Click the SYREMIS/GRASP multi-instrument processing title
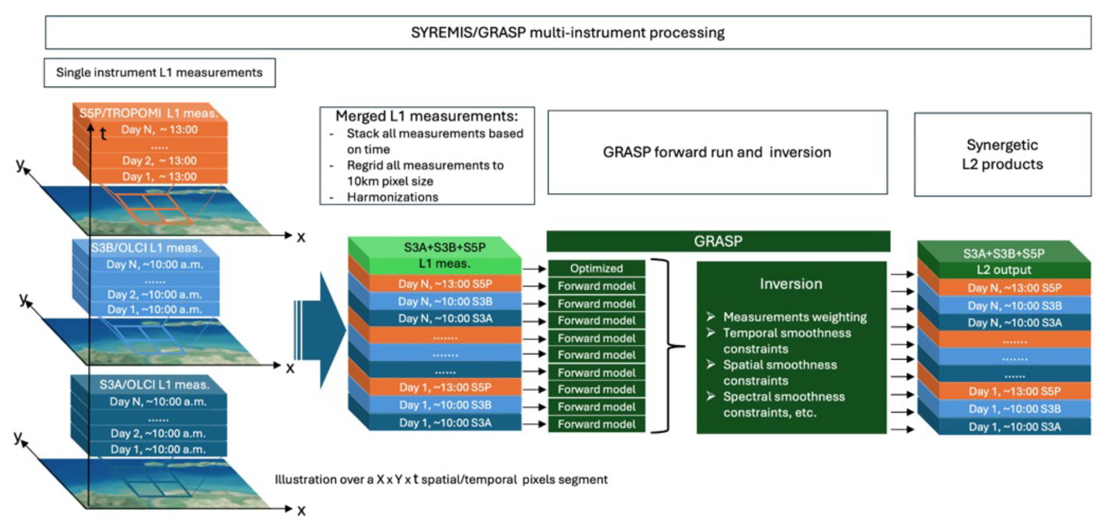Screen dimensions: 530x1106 point(567,33)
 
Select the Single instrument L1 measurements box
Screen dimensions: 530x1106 point(159,73)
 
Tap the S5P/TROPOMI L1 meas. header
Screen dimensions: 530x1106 point(148,113)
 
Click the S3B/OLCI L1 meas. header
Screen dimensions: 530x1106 point(146,248)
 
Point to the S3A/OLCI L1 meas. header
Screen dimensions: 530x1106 point(154,385)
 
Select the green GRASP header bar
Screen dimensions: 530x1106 point(718,242)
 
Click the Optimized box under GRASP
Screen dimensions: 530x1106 point(596,269)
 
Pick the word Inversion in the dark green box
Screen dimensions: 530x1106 point(790,284)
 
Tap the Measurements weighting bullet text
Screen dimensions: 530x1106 point(794,317)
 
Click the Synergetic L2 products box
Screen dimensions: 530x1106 point(1002,154)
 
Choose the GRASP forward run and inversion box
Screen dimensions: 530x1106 point(717,153)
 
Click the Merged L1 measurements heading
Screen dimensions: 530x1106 point(427,116)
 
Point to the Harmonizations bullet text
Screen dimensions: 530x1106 point(392,197)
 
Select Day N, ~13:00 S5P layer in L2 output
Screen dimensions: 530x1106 point(1014,288)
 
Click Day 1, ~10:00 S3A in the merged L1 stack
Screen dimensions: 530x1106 point(445,423)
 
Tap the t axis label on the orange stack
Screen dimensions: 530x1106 point(103,135)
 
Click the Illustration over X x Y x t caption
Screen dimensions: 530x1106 point(441,480)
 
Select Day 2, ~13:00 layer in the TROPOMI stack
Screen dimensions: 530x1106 point(159,161)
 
